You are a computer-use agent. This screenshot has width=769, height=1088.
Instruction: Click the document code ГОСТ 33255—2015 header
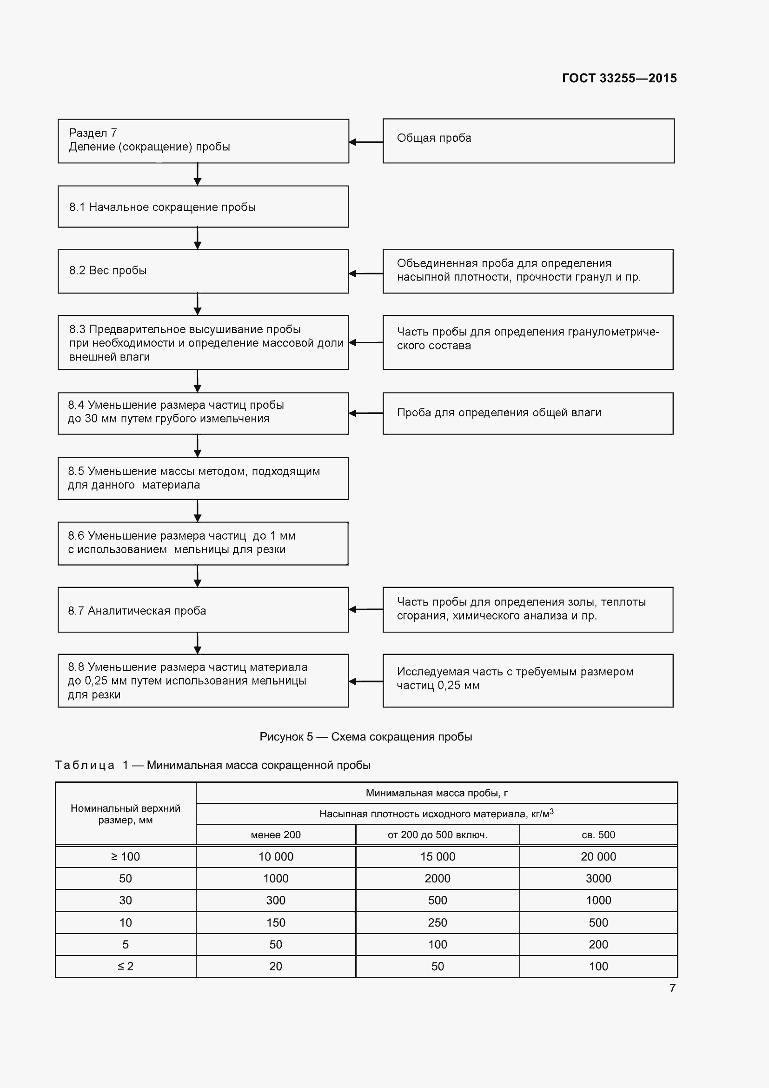tap(619, 78)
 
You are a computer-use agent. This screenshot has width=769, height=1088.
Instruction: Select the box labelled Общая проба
tap(528, 141)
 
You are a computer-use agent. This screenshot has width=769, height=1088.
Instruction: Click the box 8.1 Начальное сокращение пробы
tap(203, 207)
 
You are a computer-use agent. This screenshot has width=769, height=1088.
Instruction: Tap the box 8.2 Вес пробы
tap(203, 271)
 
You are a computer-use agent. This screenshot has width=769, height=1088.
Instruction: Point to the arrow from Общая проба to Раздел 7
tap(366, 142)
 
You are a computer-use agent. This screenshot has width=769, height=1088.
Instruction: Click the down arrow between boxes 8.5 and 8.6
tap(198, 511)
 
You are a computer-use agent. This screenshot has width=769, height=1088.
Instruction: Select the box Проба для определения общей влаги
tap(528, 413)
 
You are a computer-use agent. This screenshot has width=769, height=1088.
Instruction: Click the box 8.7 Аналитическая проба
tap(203, 610)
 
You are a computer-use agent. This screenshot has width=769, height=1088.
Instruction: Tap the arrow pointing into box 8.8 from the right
tap(366, 681)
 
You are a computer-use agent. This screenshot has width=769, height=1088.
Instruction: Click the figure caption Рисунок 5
tap(365, 736)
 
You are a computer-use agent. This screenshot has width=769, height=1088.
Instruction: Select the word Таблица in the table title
tap(85, 765)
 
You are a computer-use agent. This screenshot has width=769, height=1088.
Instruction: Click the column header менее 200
tap(276, 834)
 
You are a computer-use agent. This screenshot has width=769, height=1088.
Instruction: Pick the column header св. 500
tap(598, 834)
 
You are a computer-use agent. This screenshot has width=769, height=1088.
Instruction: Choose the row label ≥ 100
tap(126, 856)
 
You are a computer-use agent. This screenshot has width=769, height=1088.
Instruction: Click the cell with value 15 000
tap(437, 856)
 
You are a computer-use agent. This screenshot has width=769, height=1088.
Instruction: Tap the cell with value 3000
tap(598, 878)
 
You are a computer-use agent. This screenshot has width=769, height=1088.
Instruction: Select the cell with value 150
tap(276, 922)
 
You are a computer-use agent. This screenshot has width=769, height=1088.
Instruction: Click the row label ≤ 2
tap(126, 966)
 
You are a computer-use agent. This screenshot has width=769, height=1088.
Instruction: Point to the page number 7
tap(672, 988)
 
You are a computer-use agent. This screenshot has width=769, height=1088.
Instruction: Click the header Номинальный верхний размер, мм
tap(126, 814)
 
